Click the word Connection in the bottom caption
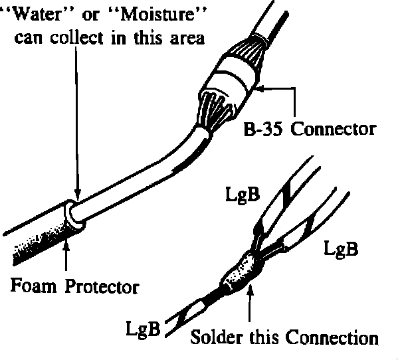(x=330, y=337)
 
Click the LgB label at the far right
(x=342, y=250)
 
